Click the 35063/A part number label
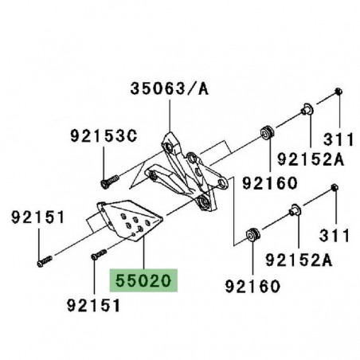coord(170,88)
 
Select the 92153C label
coord(104,136)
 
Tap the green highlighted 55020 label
coord(143,280)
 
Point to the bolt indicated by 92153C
coord(110,181)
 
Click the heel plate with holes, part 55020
coord(130,221)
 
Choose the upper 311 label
coord(338,139)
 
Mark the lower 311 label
coord(335,235)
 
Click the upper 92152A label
coord(311,159)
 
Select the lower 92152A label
coord(299,260)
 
